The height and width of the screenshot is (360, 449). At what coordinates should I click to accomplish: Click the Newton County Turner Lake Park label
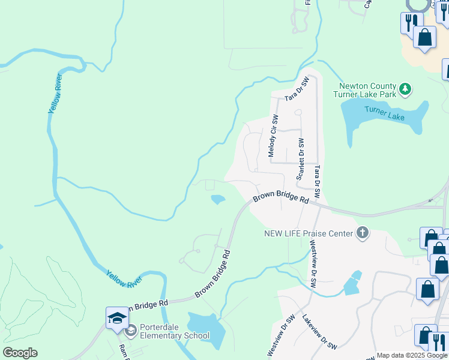pos(367,90)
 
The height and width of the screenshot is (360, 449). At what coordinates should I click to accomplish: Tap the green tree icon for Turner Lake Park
pos(406,89)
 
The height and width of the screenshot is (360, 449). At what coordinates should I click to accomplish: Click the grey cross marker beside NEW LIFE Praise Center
pos(362,233)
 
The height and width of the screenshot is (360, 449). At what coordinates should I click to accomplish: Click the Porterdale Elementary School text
pos(174,332)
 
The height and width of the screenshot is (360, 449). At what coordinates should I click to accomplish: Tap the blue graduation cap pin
pos(117,317)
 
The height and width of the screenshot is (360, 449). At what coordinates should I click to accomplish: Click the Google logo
pos(20,353)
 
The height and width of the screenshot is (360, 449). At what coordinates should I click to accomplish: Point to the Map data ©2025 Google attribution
pos(411,355)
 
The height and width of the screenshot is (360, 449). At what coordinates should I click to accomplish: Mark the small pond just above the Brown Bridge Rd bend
pos(218,199)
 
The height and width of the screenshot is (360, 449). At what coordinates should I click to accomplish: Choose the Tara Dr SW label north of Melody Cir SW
pos(297,88)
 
